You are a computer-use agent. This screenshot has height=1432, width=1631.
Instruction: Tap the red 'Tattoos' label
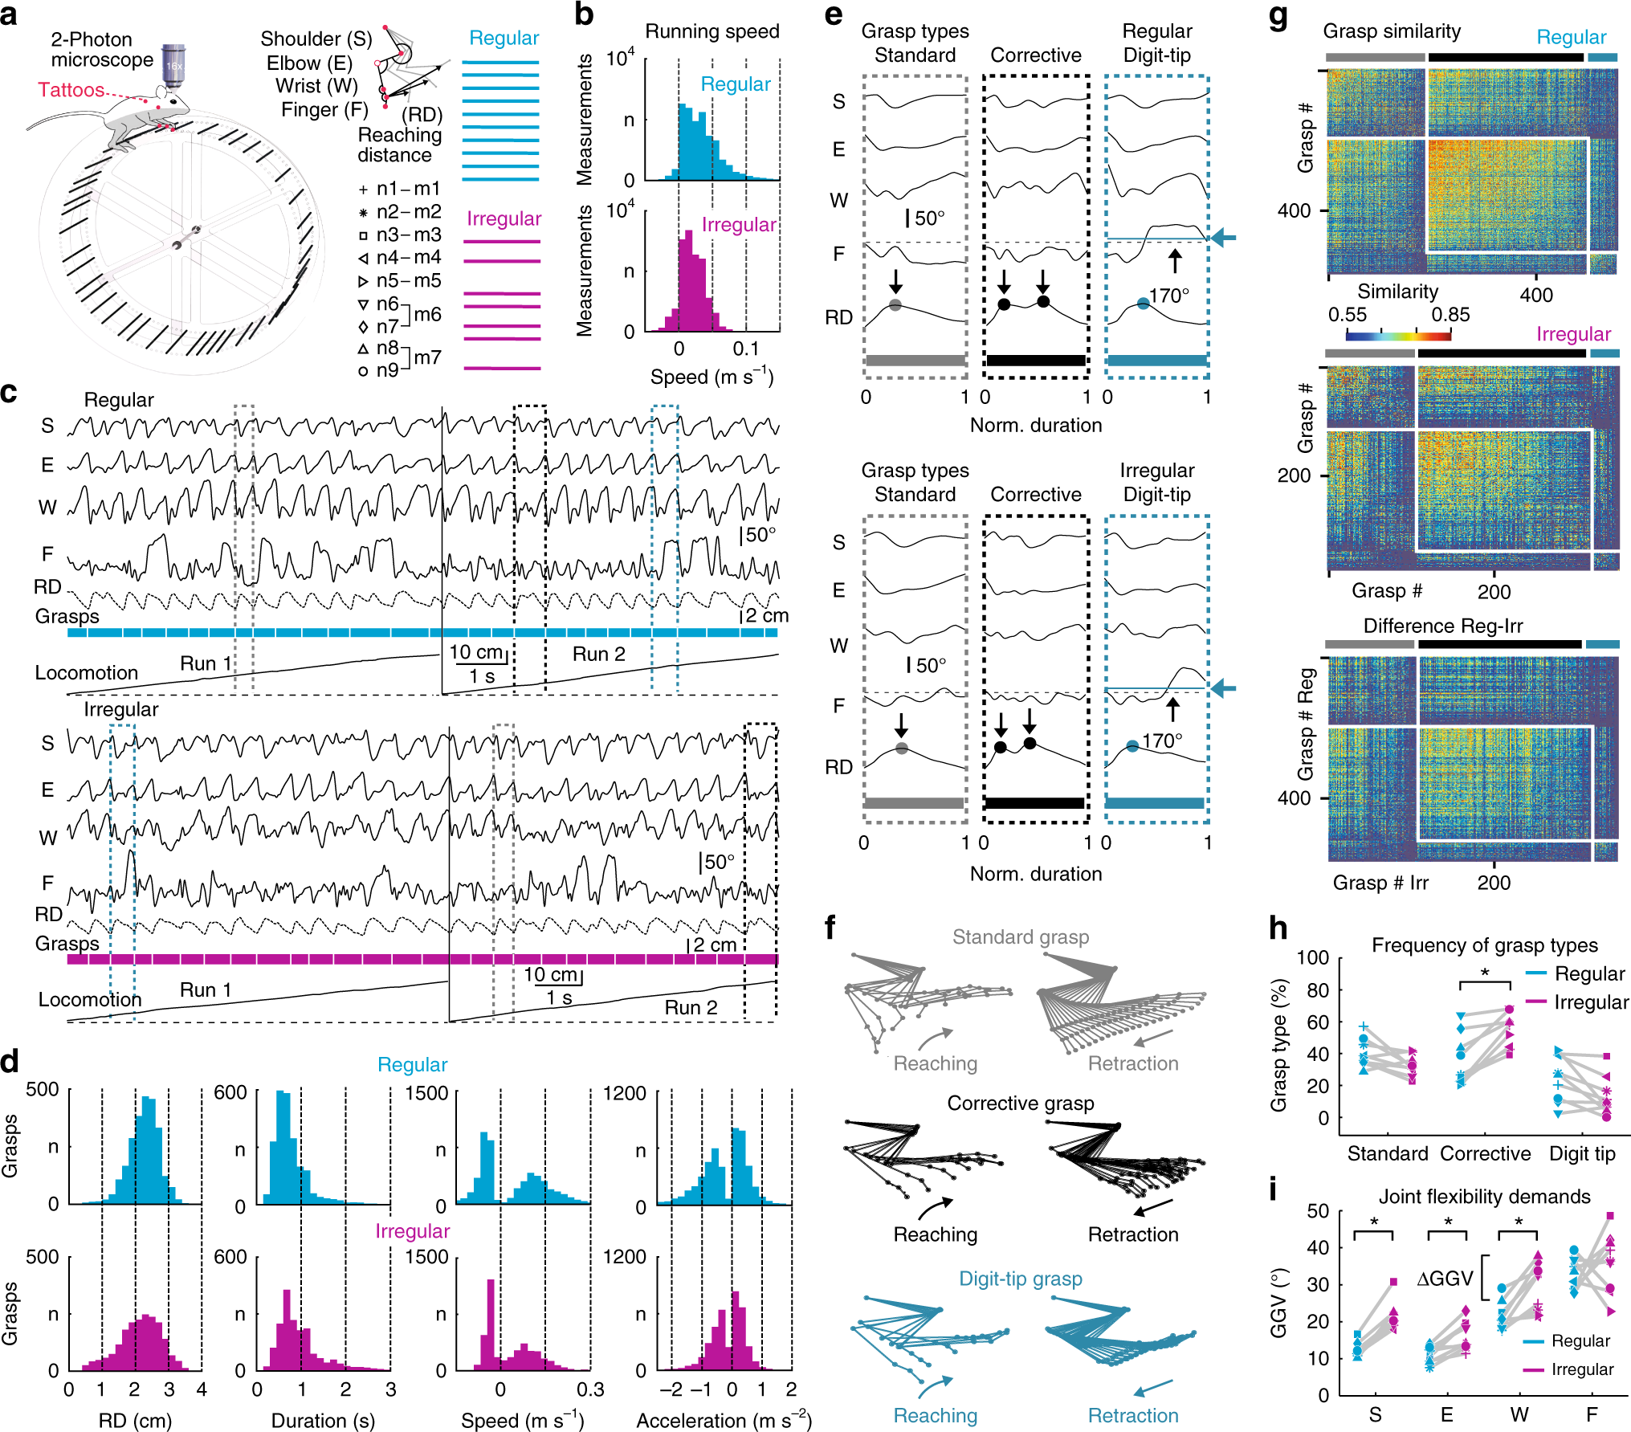[x=71, y=90]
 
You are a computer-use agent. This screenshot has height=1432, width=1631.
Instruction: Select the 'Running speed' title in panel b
[x=712, y=31]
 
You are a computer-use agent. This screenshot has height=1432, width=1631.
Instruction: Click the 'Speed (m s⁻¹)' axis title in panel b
[x=712, y=377]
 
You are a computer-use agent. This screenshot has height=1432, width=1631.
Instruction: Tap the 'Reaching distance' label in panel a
[x=399, y=145]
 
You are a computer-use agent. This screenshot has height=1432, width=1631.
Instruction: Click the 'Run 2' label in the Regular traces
[x=598, y=654]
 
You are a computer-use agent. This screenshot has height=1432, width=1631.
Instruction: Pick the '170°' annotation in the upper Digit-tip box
[x=1168, y=296]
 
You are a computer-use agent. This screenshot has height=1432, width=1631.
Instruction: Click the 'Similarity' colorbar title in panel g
[x=1397, y=291]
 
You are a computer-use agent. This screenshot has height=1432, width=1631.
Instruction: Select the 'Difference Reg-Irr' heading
[x=1443, y=626]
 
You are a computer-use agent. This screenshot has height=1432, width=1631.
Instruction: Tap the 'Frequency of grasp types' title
[x=1484, y=944]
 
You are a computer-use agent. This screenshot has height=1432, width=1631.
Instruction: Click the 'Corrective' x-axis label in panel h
[x=1485, y=1153]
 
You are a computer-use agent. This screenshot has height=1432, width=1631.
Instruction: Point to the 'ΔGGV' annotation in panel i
[x=1445, y=1278]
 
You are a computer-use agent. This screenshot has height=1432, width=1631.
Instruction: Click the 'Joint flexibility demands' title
[x=1484, y=1196]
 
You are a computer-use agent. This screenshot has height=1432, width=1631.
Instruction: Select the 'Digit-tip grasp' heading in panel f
[x=1021, y=1278]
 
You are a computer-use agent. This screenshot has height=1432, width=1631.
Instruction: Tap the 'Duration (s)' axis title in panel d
[x=323, y=1420]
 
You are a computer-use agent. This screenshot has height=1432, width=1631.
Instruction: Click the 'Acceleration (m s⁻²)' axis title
[x=724, y=1420]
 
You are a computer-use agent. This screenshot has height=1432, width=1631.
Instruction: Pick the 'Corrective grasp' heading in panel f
[x=1021, y=1103]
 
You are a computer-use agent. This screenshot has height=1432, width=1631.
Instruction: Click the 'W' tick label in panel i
[x=1519, y=1414]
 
